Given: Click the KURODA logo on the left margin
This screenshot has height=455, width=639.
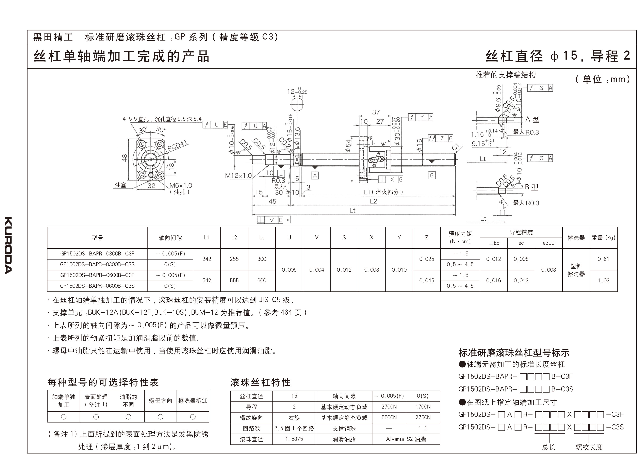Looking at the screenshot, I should point(8,245).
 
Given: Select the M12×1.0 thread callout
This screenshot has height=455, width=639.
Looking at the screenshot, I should point(238,176).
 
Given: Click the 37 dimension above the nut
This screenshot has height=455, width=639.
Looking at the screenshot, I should point(376,112).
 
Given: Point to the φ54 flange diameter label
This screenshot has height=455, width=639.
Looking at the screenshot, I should point(348,146).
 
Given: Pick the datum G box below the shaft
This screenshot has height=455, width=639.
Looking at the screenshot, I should point(432,175).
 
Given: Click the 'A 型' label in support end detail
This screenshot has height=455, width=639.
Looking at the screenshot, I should point(532,119).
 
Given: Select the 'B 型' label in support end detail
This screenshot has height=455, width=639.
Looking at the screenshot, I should point(531,187).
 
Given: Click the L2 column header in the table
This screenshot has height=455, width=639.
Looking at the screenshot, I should point(234,238).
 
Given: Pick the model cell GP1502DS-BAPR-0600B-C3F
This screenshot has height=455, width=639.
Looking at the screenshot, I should point(97,275).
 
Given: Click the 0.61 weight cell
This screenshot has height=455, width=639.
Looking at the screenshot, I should point(603,259).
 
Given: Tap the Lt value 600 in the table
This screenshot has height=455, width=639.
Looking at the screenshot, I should point(262,280).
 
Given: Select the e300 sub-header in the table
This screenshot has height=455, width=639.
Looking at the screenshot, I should point(548,243).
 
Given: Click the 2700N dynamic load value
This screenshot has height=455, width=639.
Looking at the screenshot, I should point(389,407).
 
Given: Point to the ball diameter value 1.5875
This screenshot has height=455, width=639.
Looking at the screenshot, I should point(294,439).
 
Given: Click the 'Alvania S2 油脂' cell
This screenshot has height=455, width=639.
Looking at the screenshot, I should point(406,439).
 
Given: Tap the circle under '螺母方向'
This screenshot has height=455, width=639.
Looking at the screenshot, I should point(160,417).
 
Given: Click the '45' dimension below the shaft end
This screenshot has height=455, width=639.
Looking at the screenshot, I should point(272,201).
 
